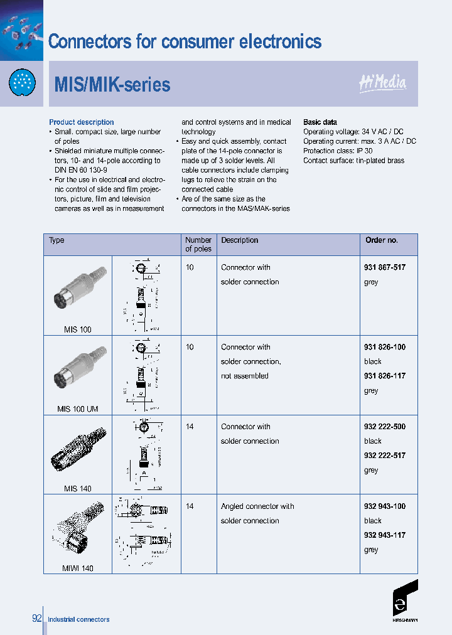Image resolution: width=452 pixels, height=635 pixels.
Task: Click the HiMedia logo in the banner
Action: (x=382, y=83)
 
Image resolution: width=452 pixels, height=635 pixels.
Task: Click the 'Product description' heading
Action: (x=82, y=122)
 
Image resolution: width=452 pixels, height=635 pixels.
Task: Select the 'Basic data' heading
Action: (x=320, y=122)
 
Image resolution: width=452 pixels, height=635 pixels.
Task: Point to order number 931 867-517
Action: (x=384, y=267)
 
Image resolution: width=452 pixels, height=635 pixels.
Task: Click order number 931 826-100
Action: (x=384, y=347)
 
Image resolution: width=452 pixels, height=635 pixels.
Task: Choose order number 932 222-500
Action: (x=384, y=427)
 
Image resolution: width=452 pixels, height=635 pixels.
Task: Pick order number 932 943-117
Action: (x=384, y=535)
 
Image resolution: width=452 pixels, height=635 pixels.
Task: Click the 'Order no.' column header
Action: (x=381, y=240)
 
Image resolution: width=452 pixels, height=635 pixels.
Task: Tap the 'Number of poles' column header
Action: (x=198, y=245)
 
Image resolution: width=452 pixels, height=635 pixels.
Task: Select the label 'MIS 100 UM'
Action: (x=77, y=409)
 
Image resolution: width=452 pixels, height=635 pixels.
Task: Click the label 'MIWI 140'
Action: (x=77, y=568)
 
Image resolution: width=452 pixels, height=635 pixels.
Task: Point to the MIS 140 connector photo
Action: (x=78, y=449)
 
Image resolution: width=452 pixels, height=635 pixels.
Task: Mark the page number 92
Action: (x=36, y=619)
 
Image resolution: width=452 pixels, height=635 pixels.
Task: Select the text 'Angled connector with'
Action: (x=257, y=506)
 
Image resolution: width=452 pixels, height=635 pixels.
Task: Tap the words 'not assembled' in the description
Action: (x=244, y=376)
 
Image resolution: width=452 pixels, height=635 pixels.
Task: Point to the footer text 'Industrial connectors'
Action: (x=78, y=619)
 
